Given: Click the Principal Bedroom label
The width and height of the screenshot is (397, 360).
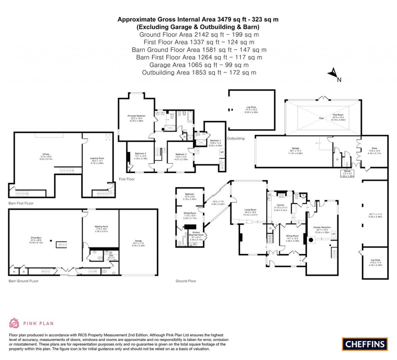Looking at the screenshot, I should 136,116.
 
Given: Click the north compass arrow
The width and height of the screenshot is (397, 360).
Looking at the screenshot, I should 332,73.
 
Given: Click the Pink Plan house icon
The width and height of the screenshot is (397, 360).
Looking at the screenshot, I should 14,323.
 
